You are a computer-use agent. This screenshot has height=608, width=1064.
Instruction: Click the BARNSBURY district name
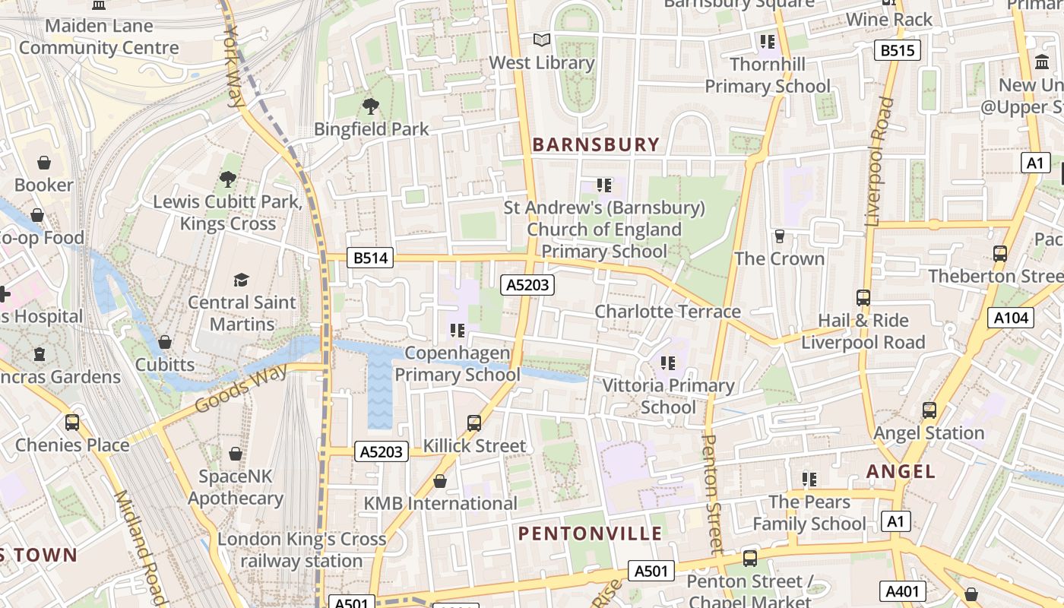click(x=596, y=144)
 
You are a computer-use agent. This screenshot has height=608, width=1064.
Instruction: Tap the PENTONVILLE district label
click(x=591, y=534)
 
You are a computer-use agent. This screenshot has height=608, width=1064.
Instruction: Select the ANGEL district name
click(x=901, y=472)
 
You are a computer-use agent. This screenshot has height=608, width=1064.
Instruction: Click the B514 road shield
click(x=371, y=258)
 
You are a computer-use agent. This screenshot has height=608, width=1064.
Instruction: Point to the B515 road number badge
click(x=897, y=51)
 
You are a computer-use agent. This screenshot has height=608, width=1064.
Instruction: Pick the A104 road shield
click(x=1011, y=318)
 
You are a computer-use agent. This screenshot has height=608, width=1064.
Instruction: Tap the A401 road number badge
click(x=904, y=591)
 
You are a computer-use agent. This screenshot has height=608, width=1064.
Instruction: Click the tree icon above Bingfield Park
click(x=371, y=106)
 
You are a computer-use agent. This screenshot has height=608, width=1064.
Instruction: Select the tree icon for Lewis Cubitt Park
click(x=227, y=179)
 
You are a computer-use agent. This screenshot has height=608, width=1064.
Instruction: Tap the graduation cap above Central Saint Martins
click(x=242, y=280)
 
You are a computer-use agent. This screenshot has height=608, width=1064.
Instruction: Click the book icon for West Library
click(x=541, y=40)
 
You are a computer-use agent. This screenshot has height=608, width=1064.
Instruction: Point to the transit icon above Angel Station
click(x=929, y=410)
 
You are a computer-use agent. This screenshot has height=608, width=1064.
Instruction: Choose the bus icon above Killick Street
click(x=474, y=423)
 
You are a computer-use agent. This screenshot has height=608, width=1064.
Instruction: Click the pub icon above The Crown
click(x=779, y=236)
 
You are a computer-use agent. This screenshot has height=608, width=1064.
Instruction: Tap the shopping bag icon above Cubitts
click(x=165, y=342)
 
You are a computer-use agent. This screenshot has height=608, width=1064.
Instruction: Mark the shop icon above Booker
click(x=44, y=163)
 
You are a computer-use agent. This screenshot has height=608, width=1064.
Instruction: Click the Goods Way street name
click(x=241, y=388)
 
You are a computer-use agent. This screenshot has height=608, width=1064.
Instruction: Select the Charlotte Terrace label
click(x=667, y=312)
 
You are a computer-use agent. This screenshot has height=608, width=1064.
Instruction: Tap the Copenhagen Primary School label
click(x=458, y=364)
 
